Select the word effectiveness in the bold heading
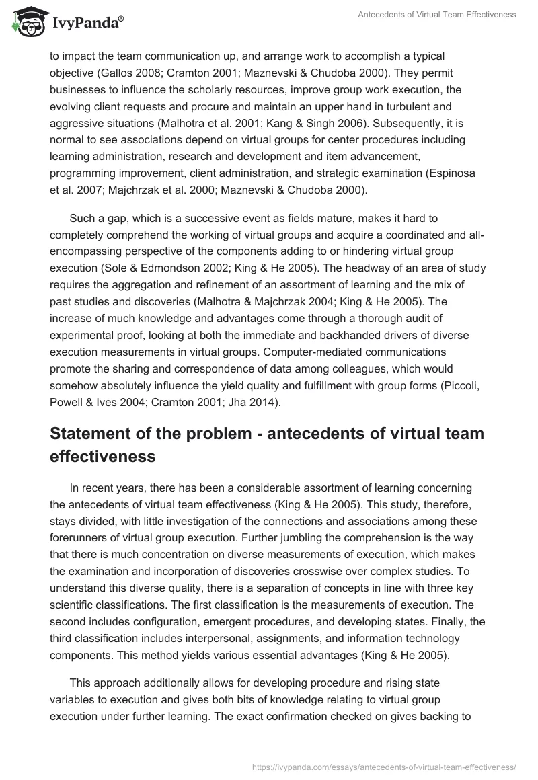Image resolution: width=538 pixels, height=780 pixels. [103, 457]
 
